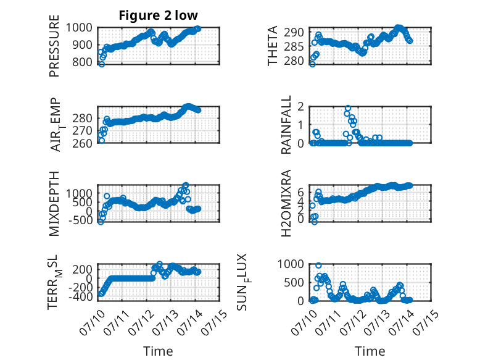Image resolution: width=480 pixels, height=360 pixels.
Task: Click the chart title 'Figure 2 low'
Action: tap(159, 15)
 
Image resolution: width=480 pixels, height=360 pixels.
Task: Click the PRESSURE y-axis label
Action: tap(54, 46)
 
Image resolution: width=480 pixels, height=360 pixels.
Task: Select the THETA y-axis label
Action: tap(272, 46)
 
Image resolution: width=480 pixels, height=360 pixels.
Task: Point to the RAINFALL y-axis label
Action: tap(286, 125)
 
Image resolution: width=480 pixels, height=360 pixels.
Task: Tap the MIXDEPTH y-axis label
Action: tap(54, 203)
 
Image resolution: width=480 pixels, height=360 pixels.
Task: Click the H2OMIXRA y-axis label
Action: tap(286, 203)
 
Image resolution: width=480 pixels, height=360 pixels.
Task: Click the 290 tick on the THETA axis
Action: tap(294, 32)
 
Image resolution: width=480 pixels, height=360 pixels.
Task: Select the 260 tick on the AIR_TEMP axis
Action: tap(82, 143)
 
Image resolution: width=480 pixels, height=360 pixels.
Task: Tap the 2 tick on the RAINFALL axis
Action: tap(300, 107)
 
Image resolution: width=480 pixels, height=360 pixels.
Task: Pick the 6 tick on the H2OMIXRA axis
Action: tap(300, 193)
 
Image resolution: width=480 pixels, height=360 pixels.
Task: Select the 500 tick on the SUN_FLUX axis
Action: tap(294, 282)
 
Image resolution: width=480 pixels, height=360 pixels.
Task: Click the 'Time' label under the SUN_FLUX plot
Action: tap(370, 351)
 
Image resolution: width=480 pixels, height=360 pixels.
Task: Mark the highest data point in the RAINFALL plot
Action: tap(348, 108)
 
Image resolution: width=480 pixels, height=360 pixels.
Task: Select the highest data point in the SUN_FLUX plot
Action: tap(319, 266)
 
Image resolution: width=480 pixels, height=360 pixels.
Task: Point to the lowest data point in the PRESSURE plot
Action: tap(102, 64)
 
